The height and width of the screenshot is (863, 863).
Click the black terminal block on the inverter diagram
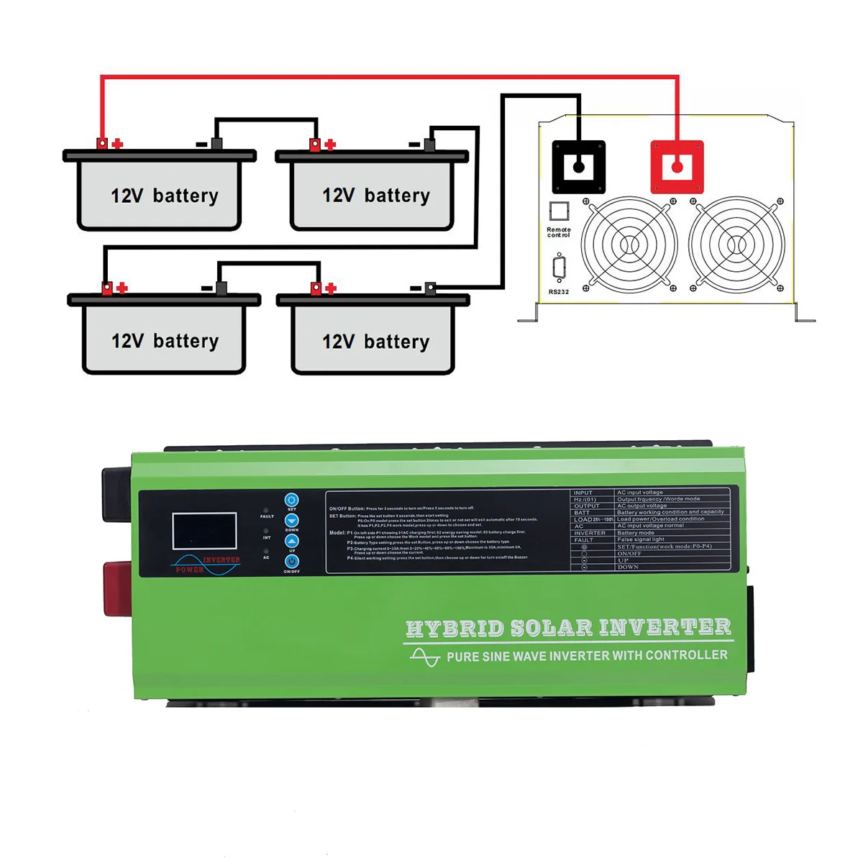(x=578, y=167)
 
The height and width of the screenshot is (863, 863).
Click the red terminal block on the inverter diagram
(x=677, y=167)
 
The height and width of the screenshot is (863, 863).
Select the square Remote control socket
(x=559, y=211)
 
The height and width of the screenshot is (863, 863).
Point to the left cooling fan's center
(x=629, y=245)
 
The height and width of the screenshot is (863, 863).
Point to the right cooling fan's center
(x=736, y=245)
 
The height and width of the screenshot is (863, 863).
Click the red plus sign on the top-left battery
(x=118, y=145)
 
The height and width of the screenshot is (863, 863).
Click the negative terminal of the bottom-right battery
(x=429, y=288)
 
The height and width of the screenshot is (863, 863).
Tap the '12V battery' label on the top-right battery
(x=375, y=196)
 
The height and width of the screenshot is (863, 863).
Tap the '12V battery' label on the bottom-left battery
(x=165, y=341)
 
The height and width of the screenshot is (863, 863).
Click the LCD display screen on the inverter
(x=204, y=531)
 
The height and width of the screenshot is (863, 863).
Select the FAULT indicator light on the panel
(x=267, y=511)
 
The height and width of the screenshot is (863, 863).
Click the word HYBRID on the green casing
(x=455, y=628)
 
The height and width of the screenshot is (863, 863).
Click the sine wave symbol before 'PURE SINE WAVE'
(x=424, y=657)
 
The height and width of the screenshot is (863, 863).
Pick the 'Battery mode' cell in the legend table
(x=636, y=533)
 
